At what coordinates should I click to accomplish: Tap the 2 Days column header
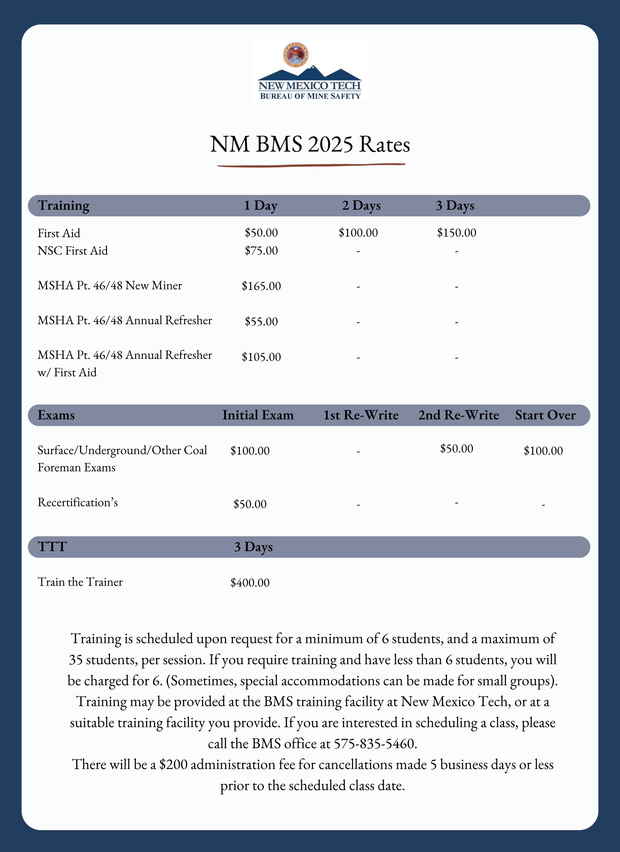coord(361,205)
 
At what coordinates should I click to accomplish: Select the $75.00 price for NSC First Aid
coord(261,251)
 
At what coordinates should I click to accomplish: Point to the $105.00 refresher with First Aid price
coord(261,357)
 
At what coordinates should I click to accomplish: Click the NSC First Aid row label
coord(73,251)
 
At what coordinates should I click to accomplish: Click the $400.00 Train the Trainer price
coord(250,583)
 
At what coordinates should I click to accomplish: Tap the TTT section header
coord(52,547)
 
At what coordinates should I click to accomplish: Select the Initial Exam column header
coord(258,415)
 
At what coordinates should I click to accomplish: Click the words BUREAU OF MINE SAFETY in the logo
coord(310,96)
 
